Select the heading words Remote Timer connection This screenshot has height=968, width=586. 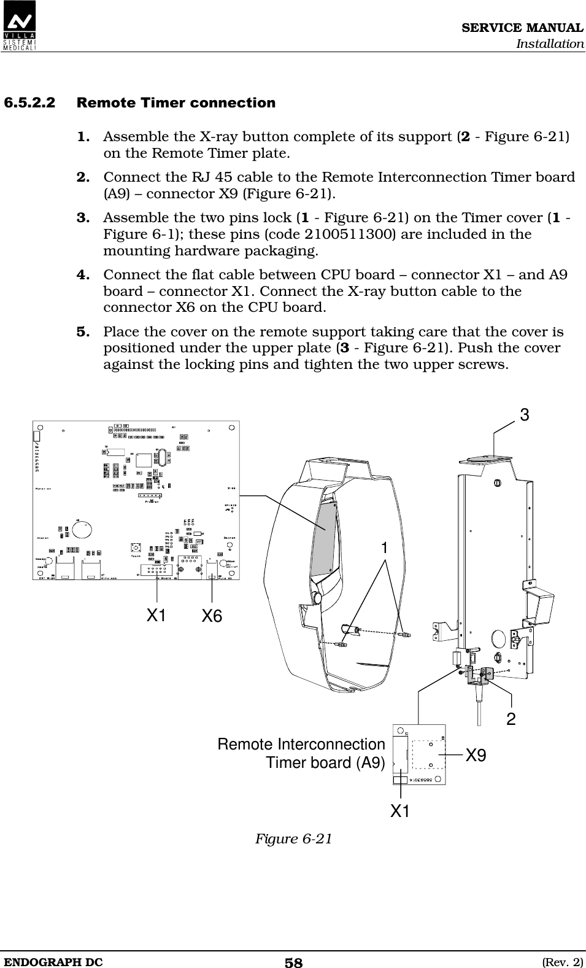pos(176,103)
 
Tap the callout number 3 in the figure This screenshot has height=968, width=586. pos(524,416)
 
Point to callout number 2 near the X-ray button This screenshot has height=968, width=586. pos(511,719)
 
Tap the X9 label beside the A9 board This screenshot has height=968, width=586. pos(476,756)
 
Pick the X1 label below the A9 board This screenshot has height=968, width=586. pos(401,811)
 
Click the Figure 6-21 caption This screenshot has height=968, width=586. pos(293,838)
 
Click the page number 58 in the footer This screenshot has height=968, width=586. pos(293,962)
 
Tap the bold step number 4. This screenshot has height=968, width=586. pos(85,274)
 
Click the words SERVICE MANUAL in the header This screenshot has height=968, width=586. pos(522,28)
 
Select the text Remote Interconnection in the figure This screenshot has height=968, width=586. pos(301,745)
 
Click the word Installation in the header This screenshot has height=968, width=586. pos(549,44)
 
